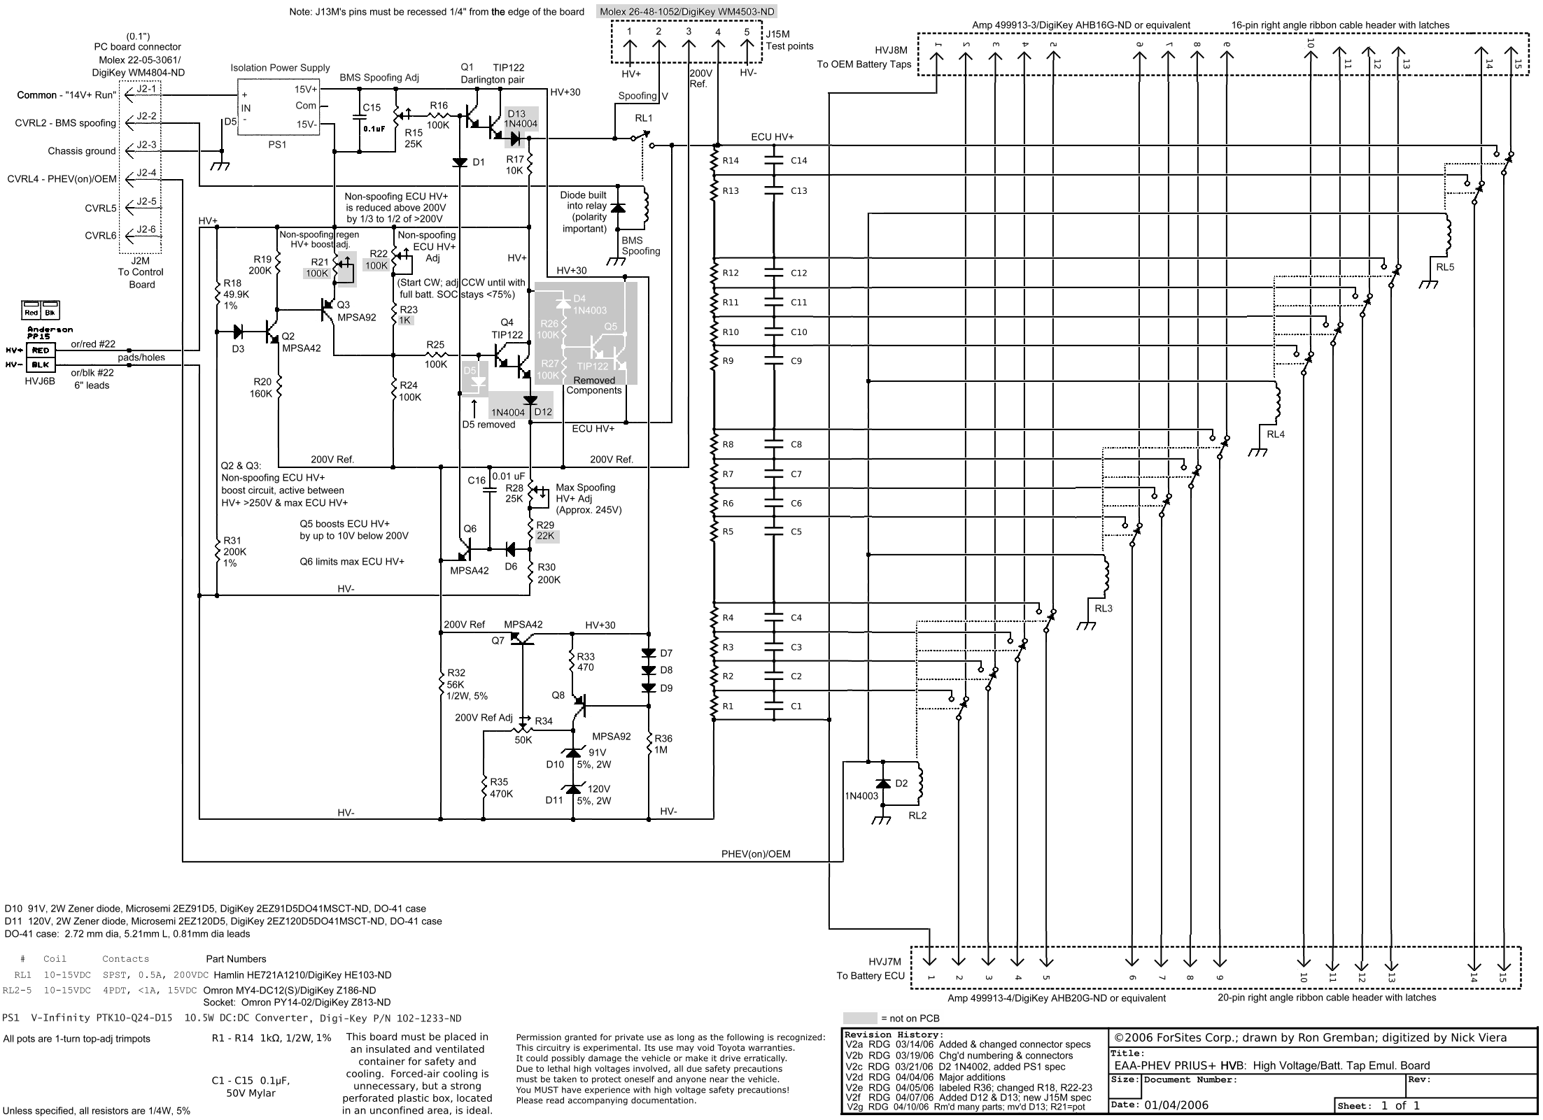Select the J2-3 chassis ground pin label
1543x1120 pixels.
pyautogui.click(x=146, y=145)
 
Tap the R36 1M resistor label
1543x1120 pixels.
pyautogui.click(x=662, y=744)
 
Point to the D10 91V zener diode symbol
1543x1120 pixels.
pyautogui.click(x=573, y=753)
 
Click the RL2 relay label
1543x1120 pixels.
pyautogui.click(x=917, y=815)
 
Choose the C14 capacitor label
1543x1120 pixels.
pyautogui.click(x=798, y=160)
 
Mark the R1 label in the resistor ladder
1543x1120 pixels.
pyautogui.click(x=728, y=706)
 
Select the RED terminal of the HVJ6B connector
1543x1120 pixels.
pyautogui.click(x=41, y=350)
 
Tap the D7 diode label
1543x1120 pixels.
pyautogui.click(x=666, y=653)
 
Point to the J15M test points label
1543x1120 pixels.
pyautogui.click(x=789, y=40)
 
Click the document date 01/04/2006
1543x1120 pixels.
pyautogui.click(x=1177, y=1105)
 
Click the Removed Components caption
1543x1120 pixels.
pyautogui.click(x=594, y=385)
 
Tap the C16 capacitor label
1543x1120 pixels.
pyautogui.click(x=477, y=481)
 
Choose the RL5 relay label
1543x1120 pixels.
pyautogui.click(x=1445, y=267)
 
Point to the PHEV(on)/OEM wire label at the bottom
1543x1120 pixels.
pyautogui.click(x=756, y=853)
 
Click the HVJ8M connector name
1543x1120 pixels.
pyautogui.click(x=892, y=50)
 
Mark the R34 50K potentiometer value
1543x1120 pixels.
pyautogui.click(x=523, y=739)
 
